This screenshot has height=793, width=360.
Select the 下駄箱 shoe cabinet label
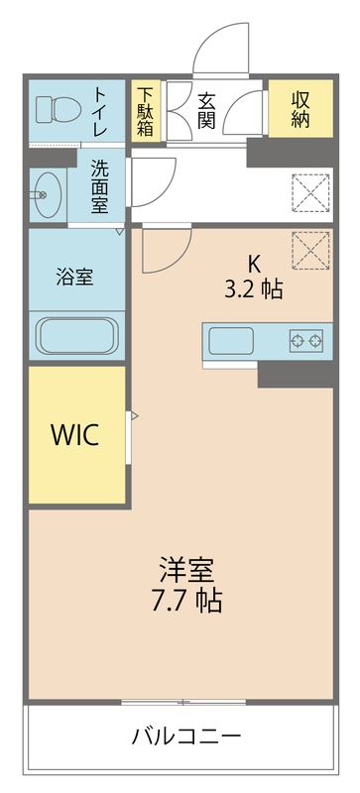pos(146,109)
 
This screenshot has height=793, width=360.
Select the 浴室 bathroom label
pos(76,277)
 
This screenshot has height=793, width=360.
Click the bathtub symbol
pos(77,335)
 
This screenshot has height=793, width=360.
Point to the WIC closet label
pos(75,434)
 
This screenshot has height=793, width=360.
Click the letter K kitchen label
pos(254,264)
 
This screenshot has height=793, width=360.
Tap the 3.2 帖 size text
pos(254,289)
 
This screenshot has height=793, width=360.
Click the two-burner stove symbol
pos(306,342)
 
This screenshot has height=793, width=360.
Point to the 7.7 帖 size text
pos(186,601)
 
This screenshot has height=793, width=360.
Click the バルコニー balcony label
pos(186,736)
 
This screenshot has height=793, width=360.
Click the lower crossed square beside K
pos(310,250)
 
